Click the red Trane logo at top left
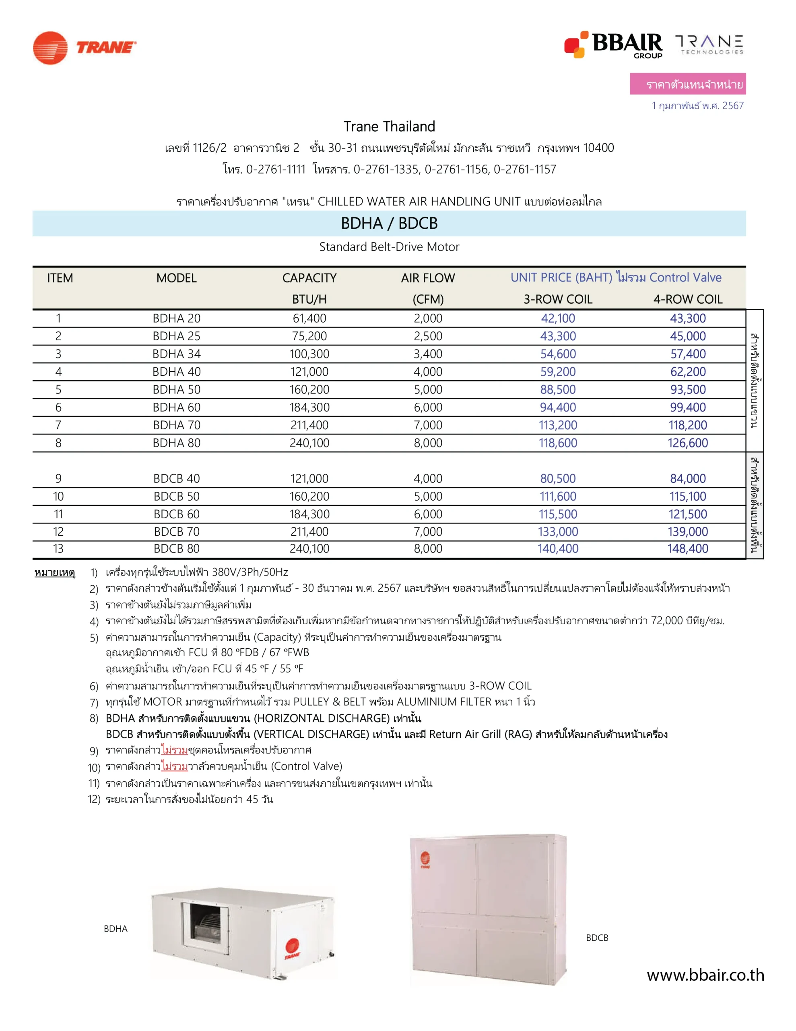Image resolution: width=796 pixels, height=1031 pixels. tap(84, 48)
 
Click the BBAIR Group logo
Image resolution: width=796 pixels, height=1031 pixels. tap(613, 45)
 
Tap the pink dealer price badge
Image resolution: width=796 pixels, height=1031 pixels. tap(687, 84)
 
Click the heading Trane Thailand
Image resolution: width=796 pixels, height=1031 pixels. tap(389, 126)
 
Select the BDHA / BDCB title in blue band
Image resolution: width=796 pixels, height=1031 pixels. tap(389, 223)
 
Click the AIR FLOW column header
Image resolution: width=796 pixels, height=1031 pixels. tap(427, 278)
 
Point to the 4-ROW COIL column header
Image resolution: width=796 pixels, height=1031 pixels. tap(687, 299)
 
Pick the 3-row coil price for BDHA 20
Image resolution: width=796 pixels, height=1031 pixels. tap(558, 319)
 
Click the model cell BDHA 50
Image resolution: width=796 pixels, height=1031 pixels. tap(177, 390)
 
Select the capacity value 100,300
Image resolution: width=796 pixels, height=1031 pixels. tap(309, 354)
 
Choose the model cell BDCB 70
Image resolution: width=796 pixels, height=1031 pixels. tap(177, 532)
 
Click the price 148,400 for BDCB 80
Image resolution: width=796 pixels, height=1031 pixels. tap(687, 549)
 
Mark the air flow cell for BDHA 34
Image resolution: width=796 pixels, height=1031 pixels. tap(427, 354)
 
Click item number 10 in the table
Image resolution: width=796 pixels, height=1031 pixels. tap(58, 497)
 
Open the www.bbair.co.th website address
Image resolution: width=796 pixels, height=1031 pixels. tap(705, 975)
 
